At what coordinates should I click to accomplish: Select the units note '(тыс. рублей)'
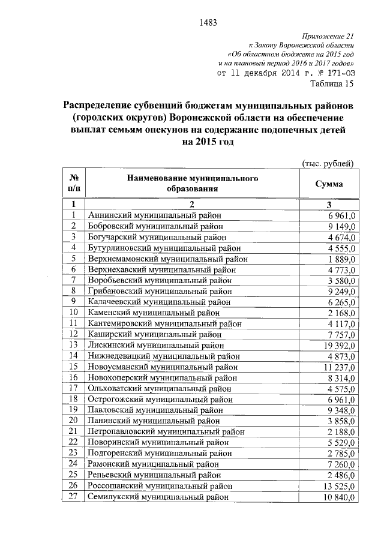pos(328,163)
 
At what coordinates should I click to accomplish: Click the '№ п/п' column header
pos(75,184)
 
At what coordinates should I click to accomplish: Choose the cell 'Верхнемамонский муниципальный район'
pos(167,259)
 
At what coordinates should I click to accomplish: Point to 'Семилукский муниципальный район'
pos(158,497)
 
